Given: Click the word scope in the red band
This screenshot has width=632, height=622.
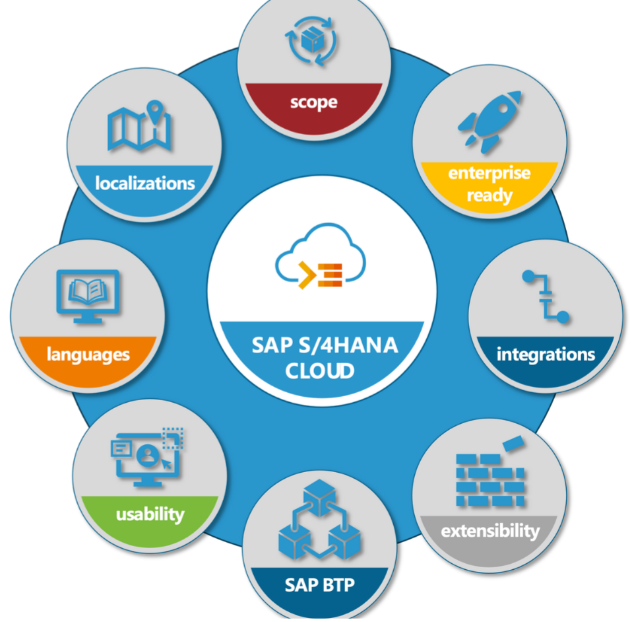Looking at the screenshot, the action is click(x=313, y=102).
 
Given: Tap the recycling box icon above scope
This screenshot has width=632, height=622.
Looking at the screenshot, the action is click(x=311, y=41).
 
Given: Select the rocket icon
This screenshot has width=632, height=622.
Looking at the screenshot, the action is click(x=490, y=121).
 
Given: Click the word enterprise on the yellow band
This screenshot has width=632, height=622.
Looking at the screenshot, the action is click(x=490, y=172).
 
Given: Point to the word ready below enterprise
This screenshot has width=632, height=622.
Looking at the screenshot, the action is click(x=490, y=195).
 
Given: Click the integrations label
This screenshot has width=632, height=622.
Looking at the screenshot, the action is click(x=546, y=354).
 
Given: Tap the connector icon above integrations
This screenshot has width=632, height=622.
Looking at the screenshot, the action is click(x=546, y=296).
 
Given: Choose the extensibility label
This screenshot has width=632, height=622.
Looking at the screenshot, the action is click(x=490, y=531).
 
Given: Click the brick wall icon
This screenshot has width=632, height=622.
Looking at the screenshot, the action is click(x=490, y=480).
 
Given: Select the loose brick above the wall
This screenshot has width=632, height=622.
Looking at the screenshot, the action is click(x=513, y=443).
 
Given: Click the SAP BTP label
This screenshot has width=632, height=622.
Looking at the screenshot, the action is click(x=319, y=585).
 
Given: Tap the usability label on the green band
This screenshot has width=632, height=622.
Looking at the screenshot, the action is click(x=150, y=514).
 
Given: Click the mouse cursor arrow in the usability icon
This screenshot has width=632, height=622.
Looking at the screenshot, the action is click(x=166, y=464).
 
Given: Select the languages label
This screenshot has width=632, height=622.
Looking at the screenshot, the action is click(x=88, y=355).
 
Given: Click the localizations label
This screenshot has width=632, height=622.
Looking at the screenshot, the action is click(x=145, y=183).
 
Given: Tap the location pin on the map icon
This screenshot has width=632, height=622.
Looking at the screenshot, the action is click(x=155, y=110).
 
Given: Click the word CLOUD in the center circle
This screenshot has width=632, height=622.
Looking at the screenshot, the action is click(x=319, y=370).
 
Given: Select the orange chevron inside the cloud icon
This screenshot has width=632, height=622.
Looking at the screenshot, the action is click(x=307, y=275).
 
